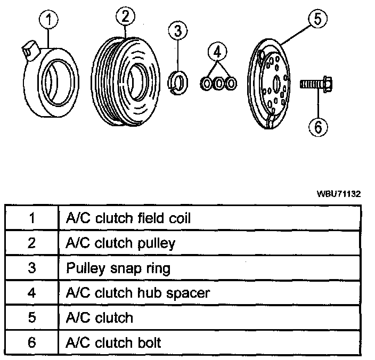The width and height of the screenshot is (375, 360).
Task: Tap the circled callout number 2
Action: pyautogui.click(x=125, y=17)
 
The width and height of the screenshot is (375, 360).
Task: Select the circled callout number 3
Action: pyautogui.click(x=178, y=30)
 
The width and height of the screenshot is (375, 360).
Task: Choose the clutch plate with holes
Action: pyautogui.click(x=272, y=83)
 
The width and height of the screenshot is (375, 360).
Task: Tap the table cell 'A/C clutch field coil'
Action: pyautogui.click(x=128, y=218)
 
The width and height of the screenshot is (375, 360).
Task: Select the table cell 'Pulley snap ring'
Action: pyautogui.click(x=118, y=268)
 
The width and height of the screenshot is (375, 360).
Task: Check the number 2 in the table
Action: pyautogui.click(x=31, y=243)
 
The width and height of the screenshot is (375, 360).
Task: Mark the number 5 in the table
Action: pyautogui.click(x=31, y=318)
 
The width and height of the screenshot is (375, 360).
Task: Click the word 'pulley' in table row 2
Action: pyautogui.click(x=155, y=243)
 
